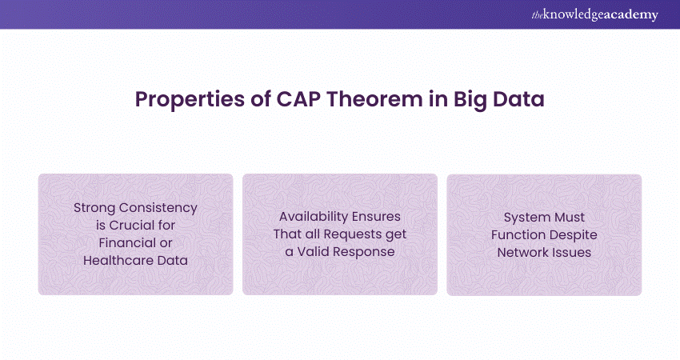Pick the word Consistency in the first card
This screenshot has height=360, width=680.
click(160, 207)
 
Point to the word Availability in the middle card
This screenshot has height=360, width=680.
click(314, 216)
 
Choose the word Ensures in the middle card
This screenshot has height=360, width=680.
click(378, 216)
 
